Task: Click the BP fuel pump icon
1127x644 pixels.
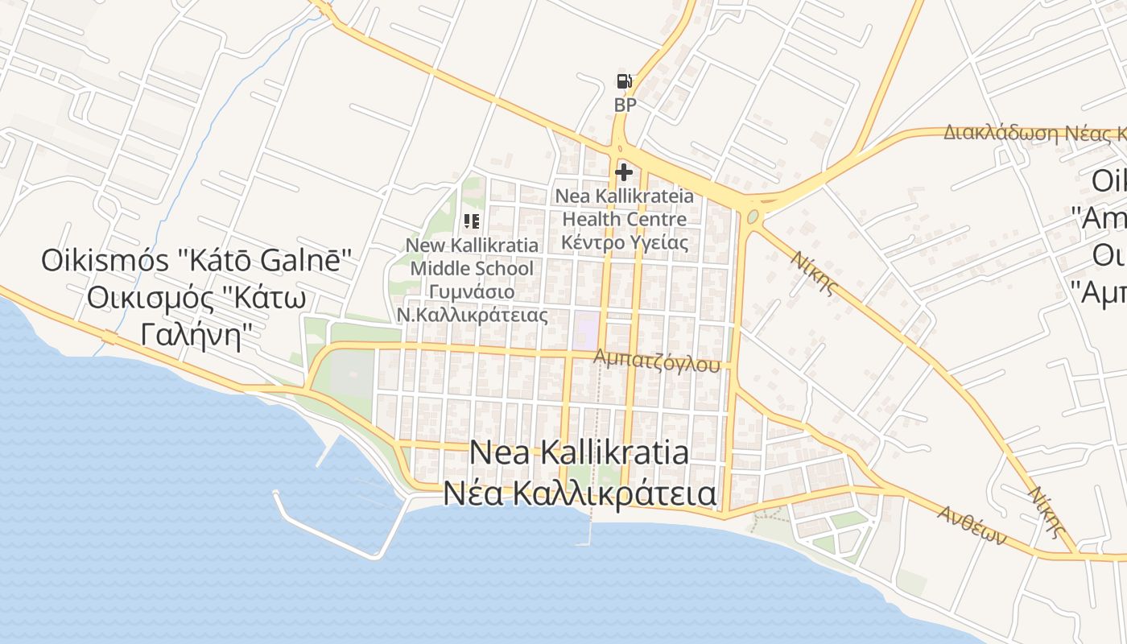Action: point(624,80)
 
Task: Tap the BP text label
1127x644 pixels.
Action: point(625,105)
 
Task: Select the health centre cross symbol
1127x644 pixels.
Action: point(624,171)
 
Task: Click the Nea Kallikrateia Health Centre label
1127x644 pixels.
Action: point(624,208)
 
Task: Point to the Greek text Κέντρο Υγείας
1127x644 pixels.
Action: point(625,242)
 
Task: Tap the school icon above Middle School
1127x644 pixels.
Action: point(472,221)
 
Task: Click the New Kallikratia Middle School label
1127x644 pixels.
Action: point(472,256)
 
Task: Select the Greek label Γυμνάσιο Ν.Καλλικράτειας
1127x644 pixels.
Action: point(473,303)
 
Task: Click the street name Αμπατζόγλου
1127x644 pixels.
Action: point(656,361)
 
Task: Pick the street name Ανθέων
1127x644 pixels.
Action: point(972,525)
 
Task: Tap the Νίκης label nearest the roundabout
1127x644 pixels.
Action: point(815,274)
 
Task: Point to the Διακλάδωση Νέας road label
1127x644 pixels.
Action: point(1034,133)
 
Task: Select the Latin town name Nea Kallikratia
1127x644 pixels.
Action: point(579,452)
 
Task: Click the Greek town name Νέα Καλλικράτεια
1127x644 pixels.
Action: point(579,493)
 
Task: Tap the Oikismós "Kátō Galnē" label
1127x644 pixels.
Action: point(197,260)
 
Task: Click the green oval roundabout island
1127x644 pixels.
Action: point(753,217)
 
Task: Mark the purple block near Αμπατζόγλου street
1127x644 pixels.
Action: point(586,330)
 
